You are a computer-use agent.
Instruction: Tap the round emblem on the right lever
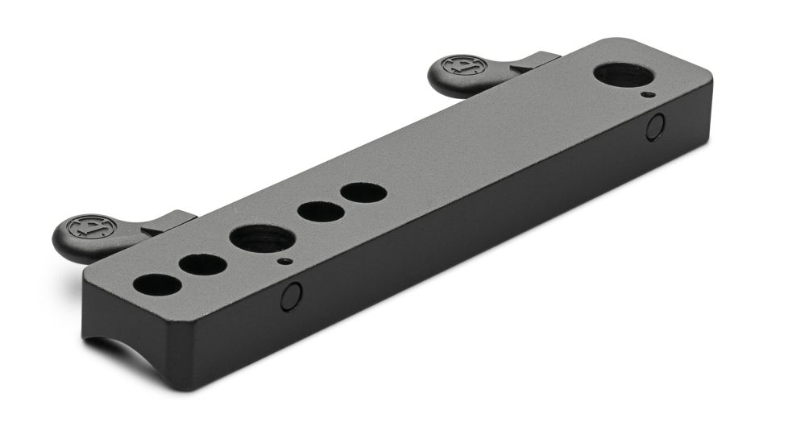[x=459, y=65]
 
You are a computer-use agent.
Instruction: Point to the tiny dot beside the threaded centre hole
[x=282, y=261]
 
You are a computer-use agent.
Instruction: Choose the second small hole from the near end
[x=203, y=264]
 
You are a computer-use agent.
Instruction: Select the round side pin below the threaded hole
[x=292, y=296]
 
